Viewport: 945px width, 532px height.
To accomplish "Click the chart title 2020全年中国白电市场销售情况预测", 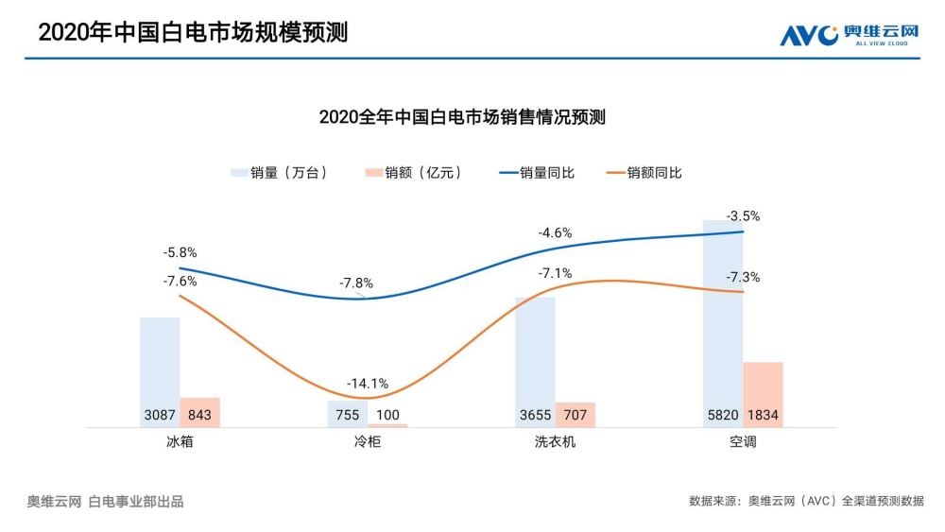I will click(x=462, y=117).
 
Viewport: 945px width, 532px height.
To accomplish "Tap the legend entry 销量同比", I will click(x=536, y=173).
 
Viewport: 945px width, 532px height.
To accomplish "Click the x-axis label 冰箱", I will click(x=180, y=442).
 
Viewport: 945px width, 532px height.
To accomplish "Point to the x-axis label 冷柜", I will click(x=368, y=442).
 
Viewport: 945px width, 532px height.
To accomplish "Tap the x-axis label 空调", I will click(x=743, y=442).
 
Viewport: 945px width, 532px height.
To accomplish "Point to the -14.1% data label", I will click(x=368, y=383).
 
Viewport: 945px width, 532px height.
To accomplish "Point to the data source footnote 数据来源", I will click(x=806, y=501).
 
